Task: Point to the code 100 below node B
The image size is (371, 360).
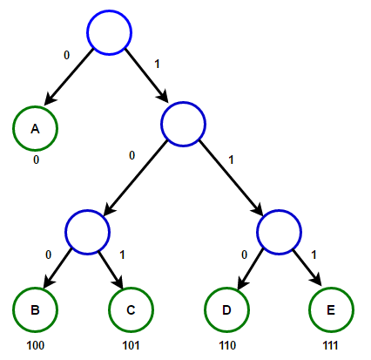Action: (x=36, y=345)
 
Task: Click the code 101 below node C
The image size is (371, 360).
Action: (x=131, y=345)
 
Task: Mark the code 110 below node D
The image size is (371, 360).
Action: (x=227, y=345)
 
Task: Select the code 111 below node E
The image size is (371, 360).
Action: (x=331, y=345)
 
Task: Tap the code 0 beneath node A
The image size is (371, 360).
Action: (x=36, y=160)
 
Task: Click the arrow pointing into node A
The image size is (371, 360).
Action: (x=69, y=77)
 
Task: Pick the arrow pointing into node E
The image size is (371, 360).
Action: (x=307, y=268)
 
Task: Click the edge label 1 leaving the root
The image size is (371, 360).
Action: (x=158, y=64)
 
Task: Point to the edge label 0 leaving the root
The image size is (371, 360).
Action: (x=67, y=55)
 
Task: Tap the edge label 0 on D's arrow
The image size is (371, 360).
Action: (x=245, y=255)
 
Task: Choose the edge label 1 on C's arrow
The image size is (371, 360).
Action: (x=122, y=255)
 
